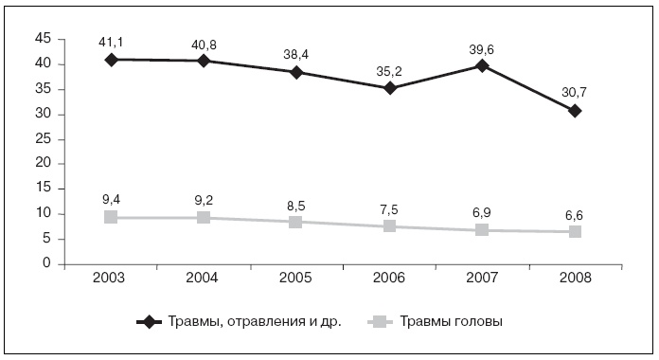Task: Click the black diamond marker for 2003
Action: pos(111,59)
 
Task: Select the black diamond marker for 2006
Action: pos(389,88)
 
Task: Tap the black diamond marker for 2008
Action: pos(575,111)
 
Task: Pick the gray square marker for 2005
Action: pos(296,222)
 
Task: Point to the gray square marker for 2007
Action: pos(482,229)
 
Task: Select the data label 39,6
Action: pos(482,48)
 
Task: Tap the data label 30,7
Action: pos(575,93)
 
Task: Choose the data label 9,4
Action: pos(111,199)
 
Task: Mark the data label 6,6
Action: pos(575,213)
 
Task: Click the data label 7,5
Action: pos(389,208)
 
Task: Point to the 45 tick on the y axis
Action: pos(42,39)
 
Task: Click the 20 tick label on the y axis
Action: pos(42,164)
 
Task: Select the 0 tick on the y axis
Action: pos(45,264)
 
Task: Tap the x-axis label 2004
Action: pos(204,279)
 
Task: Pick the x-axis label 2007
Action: pos(482,279)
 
